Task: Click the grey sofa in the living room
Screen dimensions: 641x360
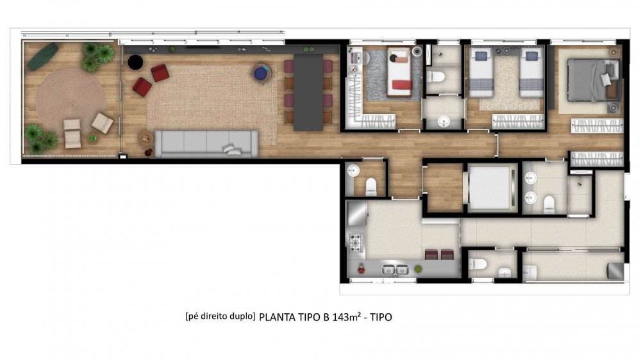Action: [206, 143]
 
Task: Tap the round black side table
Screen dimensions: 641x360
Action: [135, 63]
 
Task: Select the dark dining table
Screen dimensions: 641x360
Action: [308, 92]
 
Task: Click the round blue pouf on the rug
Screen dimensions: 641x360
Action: [260, 73]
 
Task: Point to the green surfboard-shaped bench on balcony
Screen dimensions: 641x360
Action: [43, 56]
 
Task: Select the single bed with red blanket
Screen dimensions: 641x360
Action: [399, 72]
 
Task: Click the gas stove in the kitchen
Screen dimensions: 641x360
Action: [355, 242]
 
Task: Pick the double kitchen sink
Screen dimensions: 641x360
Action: [395, 270]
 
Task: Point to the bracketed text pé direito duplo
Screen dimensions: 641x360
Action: [221, 316]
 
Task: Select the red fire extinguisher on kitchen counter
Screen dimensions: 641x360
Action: [361, 268]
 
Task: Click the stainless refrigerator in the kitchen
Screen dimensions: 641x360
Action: [357, 213]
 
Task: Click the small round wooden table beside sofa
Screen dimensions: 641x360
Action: [146, 138]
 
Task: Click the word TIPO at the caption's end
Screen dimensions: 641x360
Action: [381, 317]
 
